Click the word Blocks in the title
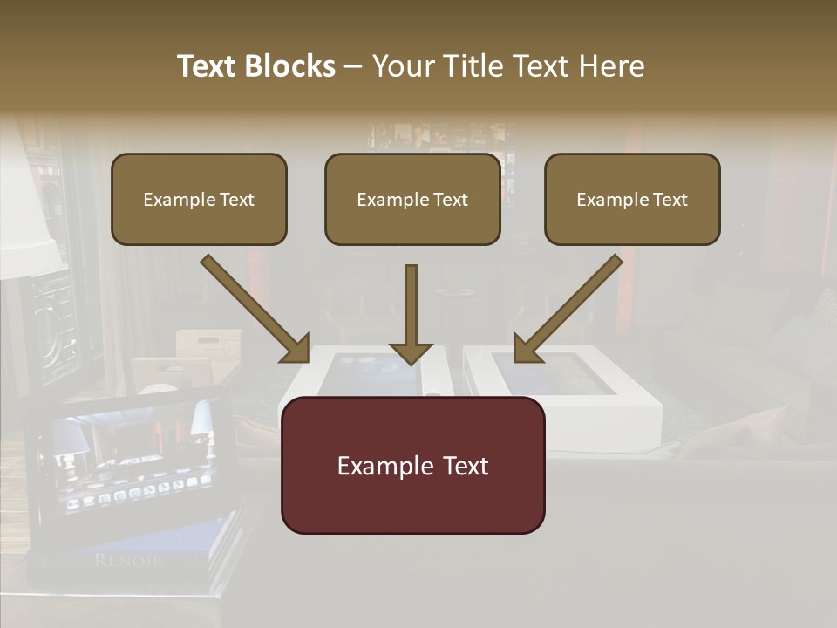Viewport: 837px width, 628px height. point(289,66)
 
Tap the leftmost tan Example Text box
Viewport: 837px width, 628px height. point(199,199)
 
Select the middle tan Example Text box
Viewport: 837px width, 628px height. point(412,199)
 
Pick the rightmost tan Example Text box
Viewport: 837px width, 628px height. point(632,199)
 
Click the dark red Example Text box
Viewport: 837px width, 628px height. point(412,465)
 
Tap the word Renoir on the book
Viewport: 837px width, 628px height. point(128,560)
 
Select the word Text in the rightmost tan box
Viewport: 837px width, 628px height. point(670,200)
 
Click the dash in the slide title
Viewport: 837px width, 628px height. point(353,67)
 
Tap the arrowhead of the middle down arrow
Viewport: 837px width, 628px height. point(411,352)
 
